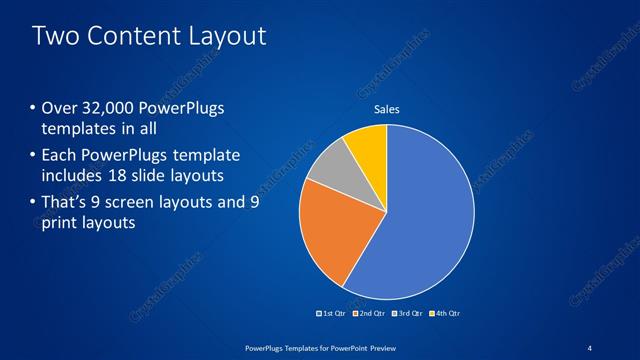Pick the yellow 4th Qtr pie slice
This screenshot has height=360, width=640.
tap(367, 145)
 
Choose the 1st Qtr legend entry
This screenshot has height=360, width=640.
tap(333, 314)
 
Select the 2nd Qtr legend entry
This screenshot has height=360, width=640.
tap(370, 314)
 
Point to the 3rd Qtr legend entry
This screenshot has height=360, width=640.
tap(407, 314)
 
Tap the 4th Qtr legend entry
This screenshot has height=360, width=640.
tap(444, 314)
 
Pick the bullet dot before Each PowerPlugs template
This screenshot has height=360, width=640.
tap(32, 156)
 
